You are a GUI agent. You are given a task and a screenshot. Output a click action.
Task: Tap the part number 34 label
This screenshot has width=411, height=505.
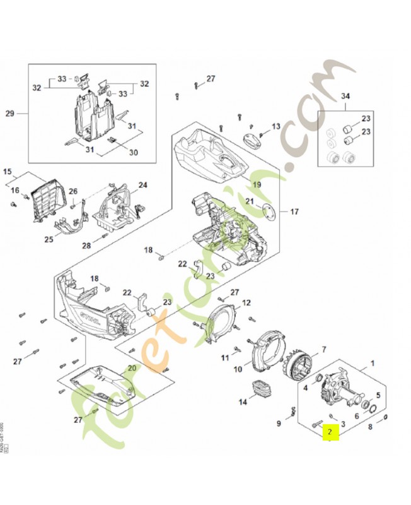[x=345, y=96]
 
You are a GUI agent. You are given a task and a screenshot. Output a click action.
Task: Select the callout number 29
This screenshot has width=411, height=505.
[x=9, y=114]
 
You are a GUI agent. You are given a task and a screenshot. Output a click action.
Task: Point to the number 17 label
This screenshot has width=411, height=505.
[x=294, y=211]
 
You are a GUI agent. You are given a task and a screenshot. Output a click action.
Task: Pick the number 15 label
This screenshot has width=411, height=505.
[x=8, y=172]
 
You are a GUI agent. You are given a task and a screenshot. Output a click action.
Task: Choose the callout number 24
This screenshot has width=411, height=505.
[x=142, y=185]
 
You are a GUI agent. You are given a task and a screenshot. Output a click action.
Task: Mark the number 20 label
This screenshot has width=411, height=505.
[x=132, y=368]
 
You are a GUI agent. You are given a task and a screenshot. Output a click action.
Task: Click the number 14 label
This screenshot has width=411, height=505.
[x=243, y=402]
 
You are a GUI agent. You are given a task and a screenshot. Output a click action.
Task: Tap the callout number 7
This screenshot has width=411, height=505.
[x=323, y=349]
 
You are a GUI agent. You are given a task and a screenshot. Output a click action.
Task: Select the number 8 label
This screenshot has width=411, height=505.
[x=370, y=427]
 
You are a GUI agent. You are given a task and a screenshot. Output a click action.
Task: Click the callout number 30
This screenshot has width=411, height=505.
[x=133, y=152]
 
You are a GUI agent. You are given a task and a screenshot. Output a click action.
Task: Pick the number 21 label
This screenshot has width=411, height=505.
[x=250, y=202]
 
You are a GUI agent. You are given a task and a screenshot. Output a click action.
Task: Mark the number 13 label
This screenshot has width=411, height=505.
[x=275, y=127]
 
